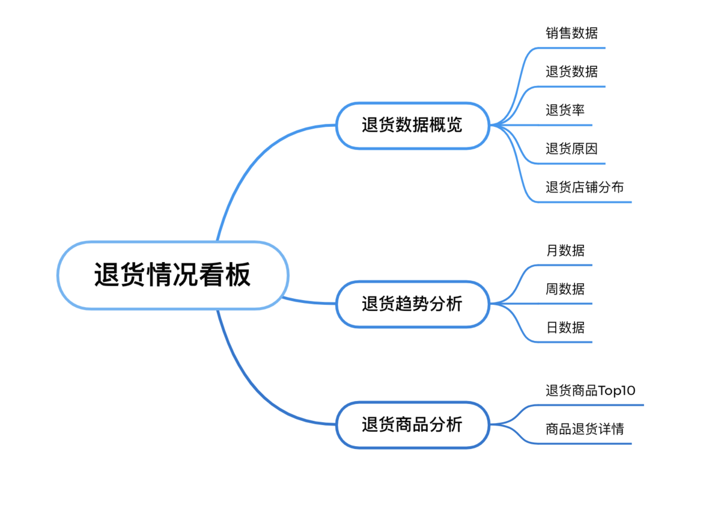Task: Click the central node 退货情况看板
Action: (x=173, y=275)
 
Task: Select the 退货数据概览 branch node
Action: (x=413, y=126)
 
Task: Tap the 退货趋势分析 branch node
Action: (x=413, y=304)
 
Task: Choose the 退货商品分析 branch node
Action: (x=413, y=424)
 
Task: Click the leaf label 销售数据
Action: (x=571, y=33)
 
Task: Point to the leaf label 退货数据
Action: (x=571, y=72)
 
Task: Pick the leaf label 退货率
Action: (x=565, y=110)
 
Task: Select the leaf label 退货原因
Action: (x=571, y=148)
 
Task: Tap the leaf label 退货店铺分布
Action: (x=585, y=187)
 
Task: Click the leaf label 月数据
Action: (x=565, y=251)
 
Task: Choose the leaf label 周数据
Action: (x=565, y=289)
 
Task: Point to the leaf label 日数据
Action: (x=565, y=328)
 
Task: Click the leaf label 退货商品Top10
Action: (x=590, y=391)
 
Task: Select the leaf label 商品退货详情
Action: (x=585, y=429)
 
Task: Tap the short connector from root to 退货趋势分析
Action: (x=309, y=302)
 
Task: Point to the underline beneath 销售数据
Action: (x=571, y=48)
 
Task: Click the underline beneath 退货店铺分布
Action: (x=584, y=202)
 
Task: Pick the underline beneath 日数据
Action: (x=565, y=342)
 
